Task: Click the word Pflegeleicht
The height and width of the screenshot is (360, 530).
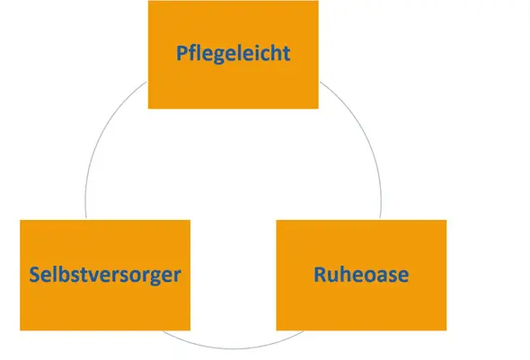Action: coord(234,54)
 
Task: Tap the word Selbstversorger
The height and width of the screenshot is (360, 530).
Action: coord(105,276)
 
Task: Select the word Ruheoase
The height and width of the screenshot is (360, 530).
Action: coord(361,274)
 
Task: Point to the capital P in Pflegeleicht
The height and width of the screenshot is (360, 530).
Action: coord(181,53)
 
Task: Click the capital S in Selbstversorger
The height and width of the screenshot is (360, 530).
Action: coord(34,274)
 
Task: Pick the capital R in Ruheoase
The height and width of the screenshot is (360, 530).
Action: coord(320,275)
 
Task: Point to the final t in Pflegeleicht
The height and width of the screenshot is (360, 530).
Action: coord(286,54)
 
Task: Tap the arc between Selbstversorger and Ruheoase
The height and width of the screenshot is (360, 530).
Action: coord(234,347)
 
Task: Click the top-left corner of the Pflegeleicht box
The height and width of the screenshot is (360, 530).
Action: coord(148,1)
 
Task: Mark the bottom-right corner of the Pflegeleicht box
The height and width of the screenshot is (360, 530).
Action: coord(318,109)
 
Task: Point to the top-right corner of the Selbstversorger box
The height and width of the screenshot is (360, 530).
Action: coord(190,220)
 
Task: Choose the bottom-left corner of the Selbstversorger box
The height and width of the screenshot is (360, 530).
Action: coord(21,330)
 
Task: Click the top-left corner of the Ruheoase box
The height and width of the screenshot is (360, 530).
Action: coord(277,220)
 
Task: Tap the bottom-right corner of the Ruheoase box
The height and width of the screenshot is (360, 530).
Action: coord(446,330)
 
